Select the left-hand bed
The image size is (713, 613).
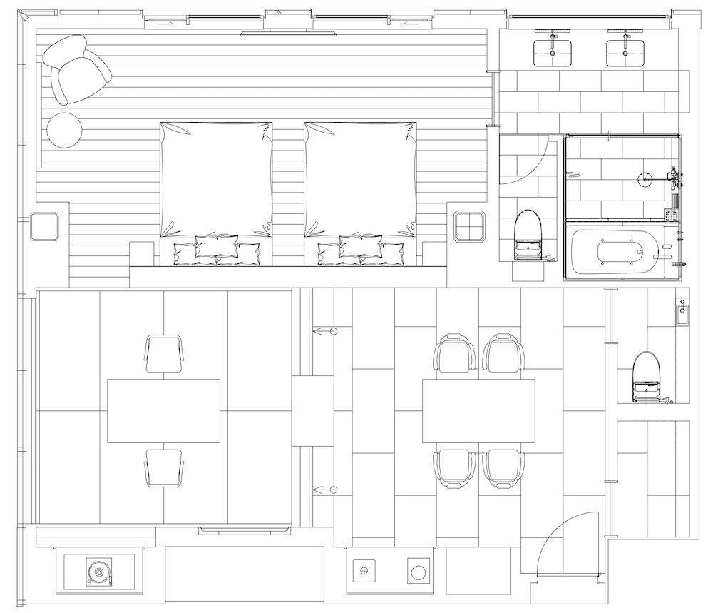(216, 186)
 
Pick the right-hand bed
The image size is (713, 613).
(361, 186)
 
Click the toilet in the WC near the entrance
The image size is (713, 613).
(646, 377)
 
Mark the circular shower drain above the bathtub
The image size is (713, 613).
(646, 180)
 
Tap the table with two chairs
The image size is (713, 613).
(163, 411)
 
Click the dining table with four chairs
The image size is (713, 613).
(478, 411)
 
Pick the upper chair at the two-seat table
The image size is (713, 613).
(164, 353)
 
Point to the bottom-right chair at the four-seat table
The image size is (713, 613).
(503, 468)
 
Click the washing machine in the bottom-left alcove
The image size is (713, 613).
(99, 571)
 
